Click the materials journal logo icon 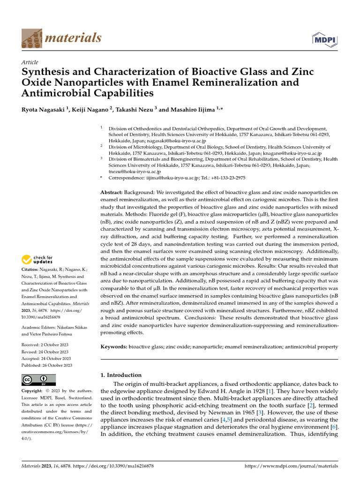[31, 38]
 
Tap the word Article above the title [30, 62]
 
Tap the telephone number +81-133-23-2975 [227, 178]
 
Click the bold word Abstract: [112, 193]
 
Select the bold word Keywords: [114, 347]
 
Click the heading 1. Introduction [121, 375]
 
